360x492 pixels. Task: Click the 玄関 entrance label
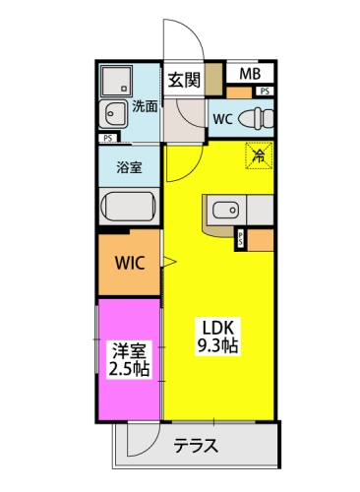click(184, 80)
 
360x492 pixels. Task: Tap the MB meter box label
click(250, 74)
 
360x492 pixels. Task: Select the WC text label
click(223, 119)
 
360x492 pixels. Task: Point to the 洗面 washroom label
click(145, 106)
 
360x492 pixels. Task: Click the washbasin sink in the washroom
click(113, 114)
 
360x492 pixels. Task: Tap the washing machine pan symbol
click(116, 81)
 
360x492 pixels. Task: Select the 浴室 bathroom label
click(129, 167)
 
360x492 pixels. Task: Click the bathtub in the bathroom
click(129, 207)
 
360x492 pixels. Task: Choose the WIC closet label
click(130, 263)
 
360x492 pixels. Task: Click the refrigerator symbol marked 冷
click(259, 155)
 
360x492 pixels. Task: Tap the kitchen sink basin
click(226, 210)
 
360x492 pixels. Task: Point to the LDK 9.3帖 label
click(217, 337)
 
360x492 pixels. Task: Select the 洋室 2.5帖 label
click(129, 359)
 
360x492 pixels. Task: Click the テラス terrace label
click(196, 446)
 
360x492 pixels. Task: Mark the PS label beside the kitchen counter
click(241, 238)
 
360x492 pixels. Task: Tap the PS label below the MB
click(265, 92)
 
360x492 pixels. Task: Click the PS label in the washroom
click(107, 138)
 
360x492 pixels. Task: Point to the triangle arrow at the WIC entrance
click(170, 262)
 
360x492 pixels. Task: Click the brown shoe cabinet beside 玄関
click(213, 80)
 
